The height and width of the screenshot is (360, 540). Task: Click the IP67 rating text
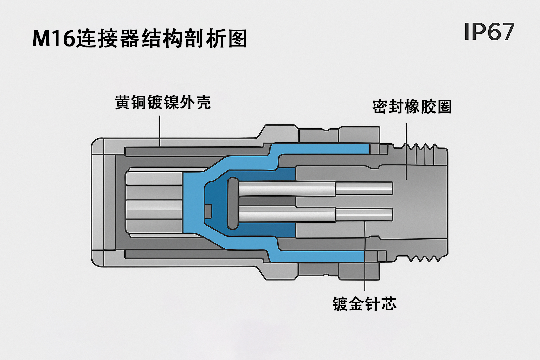pos(489,32)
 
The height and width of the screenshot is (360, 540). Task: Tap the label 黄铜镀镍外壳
pos(163,102)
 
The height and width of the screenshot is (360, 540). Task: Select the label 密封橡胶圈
pos(412,107)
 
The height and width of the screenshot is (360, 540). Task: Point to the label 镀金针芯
pos(364,304)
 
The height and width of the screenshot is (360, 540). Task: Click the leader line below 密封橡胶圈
pos(407,151)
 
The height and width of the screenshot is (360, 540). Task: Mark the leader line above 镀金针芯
pos(365,260)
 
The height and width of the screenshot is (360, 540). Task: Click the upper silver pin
pos(287,189)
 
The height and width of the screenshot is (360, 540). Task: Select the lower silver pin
pos(287,214)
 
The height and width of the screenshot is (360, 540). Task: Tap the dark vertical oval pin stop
pos(233,203)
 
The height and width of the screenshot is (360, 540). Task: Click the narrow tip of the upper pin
pos(364,189)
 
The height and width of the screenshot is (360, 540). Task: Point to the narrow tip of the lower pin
pos(364,214)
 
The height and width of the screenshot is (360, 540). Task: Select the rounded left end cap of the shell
pos(98,202)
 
